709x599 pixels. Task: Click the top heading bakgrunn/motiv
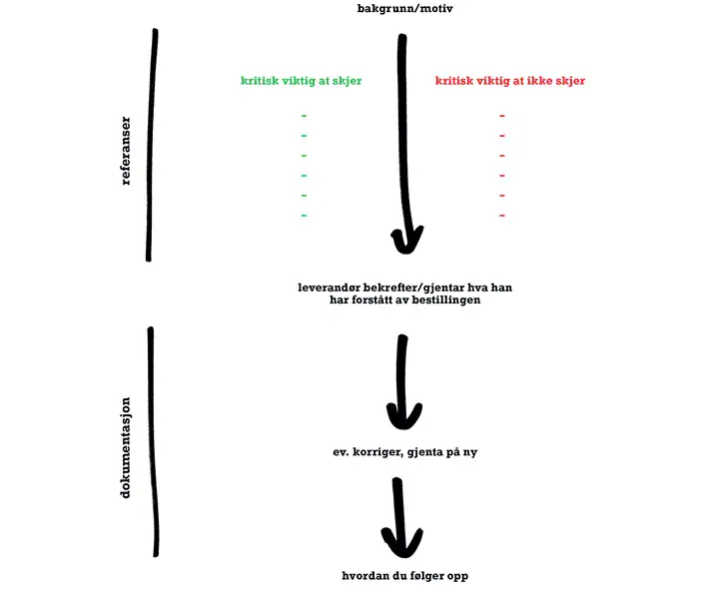coord(404,9)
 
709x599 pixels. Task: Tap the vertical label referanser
coord(126,151)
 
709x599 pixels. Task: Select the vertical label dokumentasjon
coord(125,447)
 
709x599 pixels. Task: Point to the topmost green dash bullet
coord(304,116)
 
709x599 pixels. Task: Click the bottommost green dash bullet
coord(304,216)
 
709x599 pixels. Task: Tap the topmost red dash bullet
coord(502,116)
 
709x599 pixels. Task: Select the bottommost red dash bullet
coord(502,216)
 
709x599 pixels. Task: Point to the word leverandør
coord(329,288)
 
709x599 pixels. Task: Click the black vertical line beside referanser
coord(151,145)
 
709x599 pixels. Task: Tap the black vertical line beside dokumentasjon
coord(153,441)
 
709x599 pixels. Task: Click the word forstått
coord(372,299)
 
